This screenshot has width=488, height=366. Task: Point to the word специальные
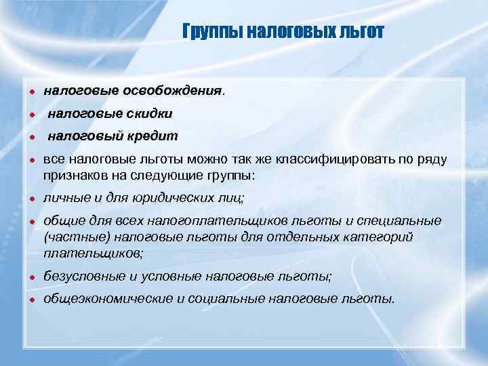tap(403, 222)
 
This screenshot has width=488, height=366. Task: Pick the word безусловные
tap(82, 276)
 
